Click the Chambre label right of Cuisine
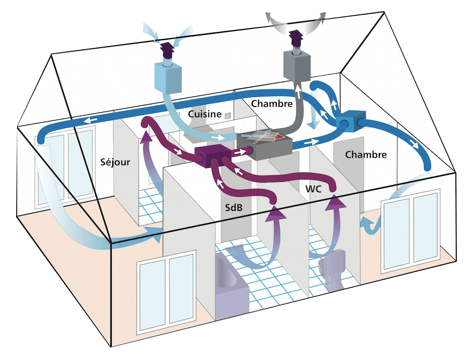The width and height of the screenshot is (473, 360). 272,103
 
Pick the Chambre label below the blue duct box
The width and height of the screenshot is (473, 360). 366,154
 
